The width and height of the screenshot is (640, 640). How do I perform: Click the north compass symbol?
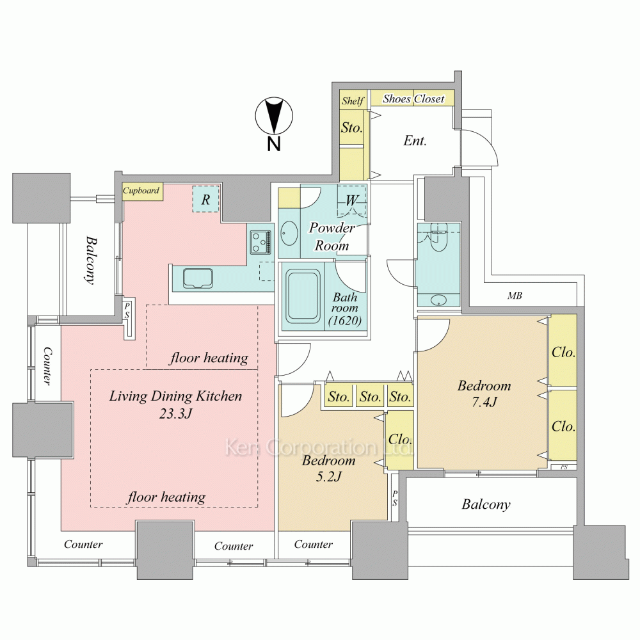point(274,116)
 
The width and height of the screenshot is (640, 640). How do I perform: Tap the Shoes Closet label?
point(413,99)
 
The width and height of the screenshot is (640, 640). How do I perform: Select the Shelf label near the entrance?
point(353,101)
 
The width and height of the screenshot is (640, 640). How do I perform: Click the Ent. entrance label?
point(415,141)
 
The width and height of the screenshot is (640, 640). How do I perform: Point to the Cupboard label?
point(141,191)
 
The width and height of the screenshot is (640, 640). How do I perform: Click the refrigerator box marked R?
point(206,199)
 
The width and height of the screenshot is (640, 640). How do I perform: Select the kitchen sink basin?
point(198,278)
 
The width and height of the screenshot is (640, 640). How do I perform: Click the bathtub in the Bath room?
point(303,296)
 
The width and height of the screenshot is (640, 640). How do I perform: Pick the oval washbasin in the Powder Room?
point(289,234)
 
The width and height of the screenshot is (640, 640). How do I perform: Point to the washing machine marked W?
point(352,200)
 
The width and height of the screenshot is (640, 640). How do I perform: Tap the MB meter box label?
point(515,296)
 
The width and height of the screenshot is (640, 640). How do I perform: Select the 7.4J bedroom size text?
point(484,402)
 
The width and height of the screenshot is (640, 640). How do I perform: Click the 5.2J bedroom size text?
point(328,476)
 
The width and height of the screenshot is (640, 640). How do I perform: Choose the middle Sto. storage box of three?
point(370,396)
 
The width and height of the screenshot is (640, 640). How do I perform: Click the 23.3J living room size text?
point(175,413)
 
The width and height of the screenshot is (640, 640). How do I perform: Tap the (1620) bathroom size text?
point(345,321)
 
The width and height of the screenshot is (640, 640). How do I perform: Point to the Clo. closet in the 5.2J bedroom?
point(399,440)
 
